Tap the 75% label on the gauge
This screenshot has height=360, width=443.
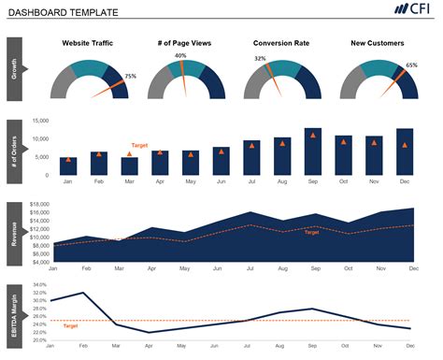130,77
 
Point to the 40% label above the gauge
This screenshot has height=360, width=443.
180,56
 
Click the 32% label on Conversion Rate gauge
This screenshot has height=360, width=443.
260,59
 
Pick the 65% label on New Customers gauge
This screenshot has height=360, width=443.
411,66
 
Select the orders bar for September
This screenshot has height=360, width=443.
313,151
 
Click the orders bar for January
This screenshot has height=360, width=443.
68,166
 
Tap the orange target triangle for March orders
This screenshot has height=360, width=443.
129,154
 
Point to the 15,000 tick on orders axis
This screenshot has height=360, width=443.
39,122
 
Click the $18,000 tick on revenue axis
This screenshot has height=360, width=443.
38,204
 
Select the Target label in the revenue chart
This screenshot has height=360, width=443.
311,233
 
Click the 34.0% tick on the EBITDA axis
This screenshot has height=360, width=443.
38,285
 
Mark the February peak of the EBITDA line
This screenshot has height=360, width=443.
84,293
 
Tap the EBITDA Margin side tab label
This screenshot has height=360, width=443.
14,313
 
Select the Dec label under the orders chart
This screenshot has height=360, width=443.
405,182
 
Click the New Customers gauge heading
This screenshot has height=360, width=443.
377,44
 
